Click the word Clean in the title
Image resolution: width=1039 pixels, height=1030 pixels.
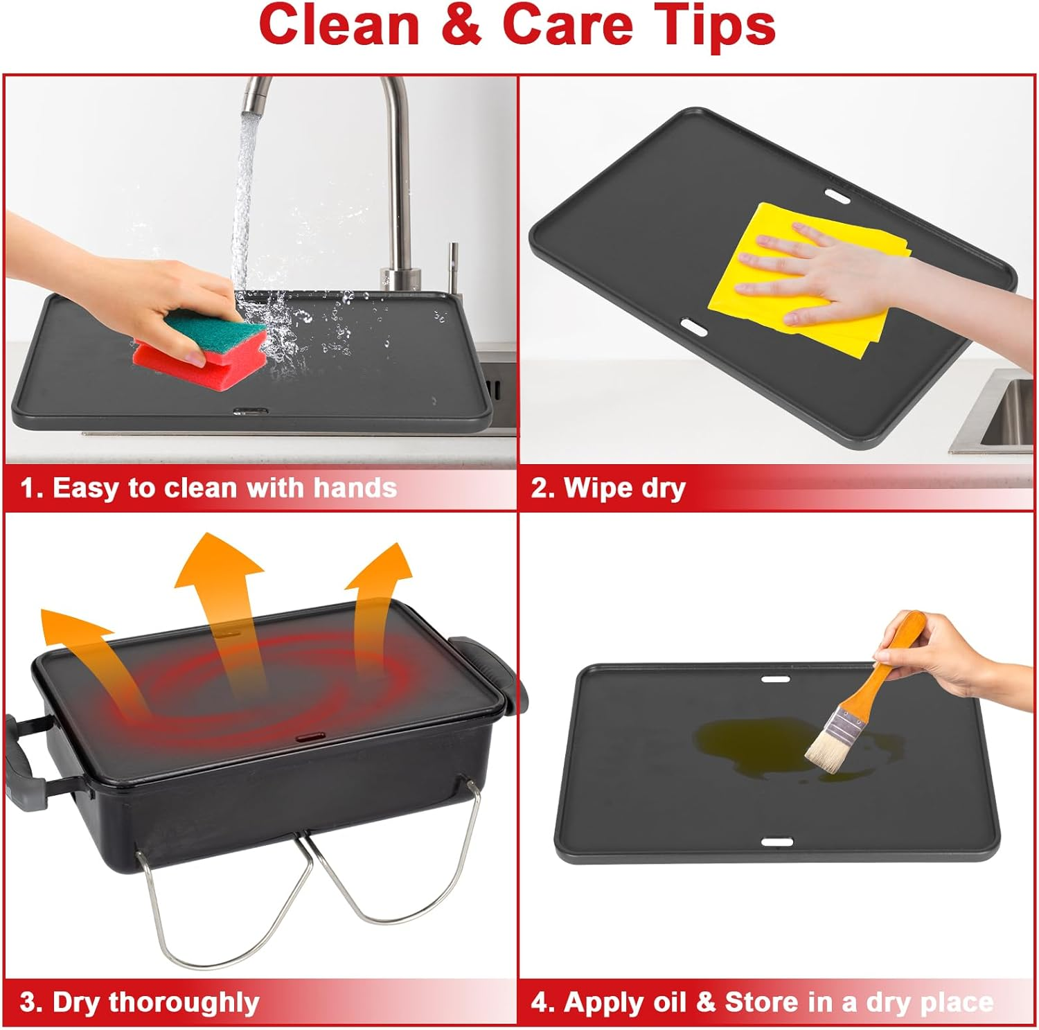coord(339,26)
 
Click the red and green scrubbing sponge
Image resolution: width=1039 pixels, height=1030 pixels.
coord(199,339)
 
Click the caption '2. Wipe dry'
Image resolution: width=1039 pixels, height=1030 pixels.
coord(608,488)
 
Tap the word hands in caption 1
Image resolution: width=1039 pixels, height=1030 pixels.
coord(355,488)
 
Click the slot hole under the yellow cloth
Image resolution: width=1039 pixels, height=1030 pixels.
coord(693,327)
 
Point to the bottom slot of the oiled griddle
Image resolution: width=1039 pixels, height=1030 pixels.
coord(778,842)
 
